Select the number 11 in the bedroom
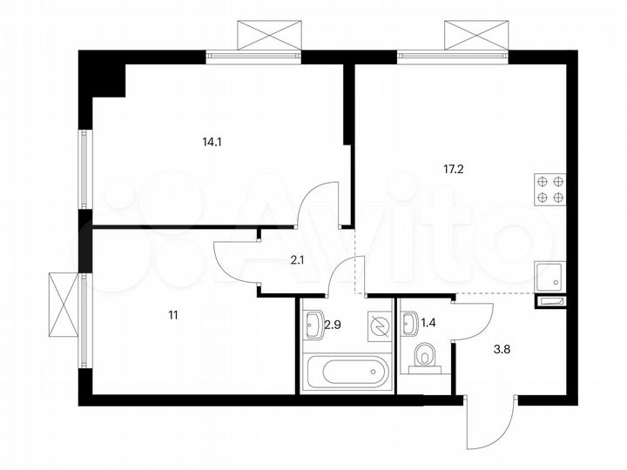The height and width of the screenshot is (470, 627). (x=173, y=315)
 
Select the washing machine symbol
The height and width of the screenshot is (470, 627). (x=380, y=326)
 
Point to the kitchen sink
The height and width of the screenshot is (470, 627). (x=551, y=278)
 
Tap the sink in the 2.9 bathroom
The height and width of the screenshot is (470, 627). (x=314, y=327)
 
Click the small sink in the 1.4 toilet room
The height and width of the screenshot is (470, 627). (x=410, y=326)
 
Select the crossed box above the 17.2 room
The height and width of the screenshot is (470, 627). (x=476, y=35)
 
